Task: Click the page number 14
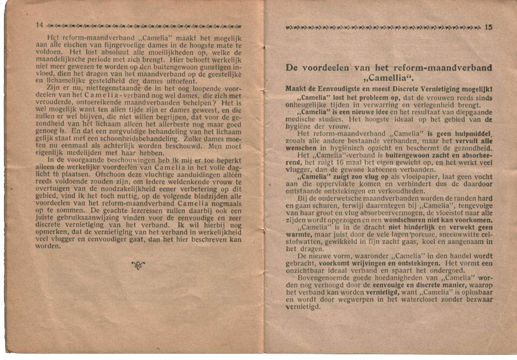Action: click(x=39, y=25)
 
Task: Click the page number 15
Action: click(x=489, y=26)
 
